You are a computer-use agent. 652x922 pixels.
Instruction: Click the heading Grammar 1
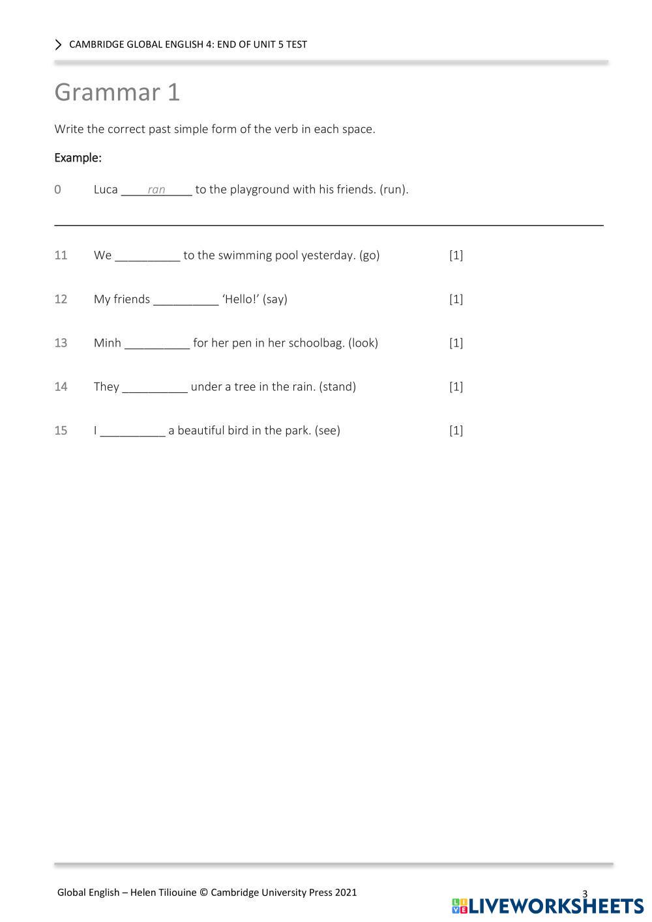tap(117, 92)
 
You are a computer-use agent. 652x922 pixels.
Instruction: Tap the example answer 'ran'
tap(156, 190)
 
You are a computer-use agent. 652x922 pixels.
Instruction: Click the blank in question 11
tap(147, 256)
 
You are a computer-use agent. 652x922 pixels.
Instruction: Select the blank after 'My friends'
tap(186, 300)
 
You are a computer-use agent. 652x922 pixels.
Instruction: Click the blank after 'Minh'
tap(157, 343)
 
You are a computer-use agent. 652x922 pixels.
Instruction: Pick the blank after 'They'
tap(155, 387)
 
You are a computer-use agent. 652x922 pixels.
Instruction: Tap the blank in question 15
tap(133, 431)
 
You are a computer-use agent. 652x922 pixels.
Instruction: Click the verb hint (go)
tap(369, 255)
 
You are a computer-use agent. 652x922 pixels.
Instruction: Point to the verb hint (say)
tap(275, 299)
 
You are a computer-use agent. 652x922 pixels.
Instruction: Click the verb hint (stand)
tap(337, 386)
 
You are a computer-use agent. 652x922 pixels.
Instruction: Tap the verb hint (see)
tap(327, 430)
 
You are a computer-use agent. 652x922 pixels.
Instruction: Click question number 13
tap(61, 343)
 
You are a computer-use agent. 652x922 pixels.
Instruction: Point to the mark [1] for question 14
tap(456, 386)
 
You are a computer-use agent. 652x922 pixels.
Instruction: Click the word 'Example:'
tap(78, 158)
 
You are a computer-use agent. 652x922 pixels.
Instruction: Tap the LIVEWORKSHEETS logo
tap(548, 906)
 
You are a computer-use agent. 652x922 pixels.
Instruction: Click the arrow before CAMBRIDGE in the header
tap(59, 44)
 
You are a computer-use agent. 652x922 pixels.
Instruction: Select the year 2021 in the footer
tap(346, 892)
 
